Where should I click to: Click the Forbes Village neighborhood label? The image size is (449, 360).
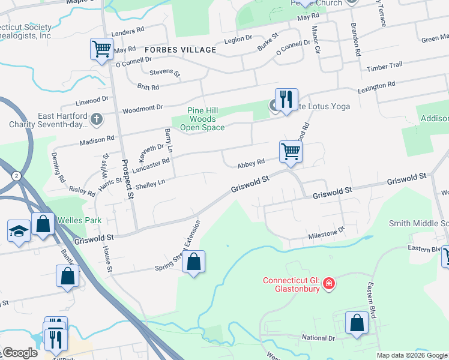point(180,50)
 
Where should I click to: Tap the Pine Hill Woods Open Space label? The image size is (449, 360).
point(197,119)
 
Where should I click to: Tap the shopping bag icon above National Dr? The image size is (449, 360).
point(357,323)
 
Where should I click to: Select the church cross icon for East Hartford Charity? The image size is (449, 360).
point(95,119)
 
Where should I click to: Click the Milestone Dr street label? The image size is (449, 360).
point(327,232)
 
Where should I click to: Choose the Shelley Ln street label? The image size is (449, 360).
point(150,184)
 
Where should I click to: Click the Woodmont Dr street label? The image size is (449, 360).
point(143,108)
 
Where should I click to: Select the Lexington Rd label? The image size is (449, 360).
point(376,88)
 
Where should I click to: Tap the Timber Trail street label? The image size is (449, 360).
point(385,65)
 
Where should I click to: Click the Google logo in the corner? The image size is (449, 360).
point(19,353)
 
